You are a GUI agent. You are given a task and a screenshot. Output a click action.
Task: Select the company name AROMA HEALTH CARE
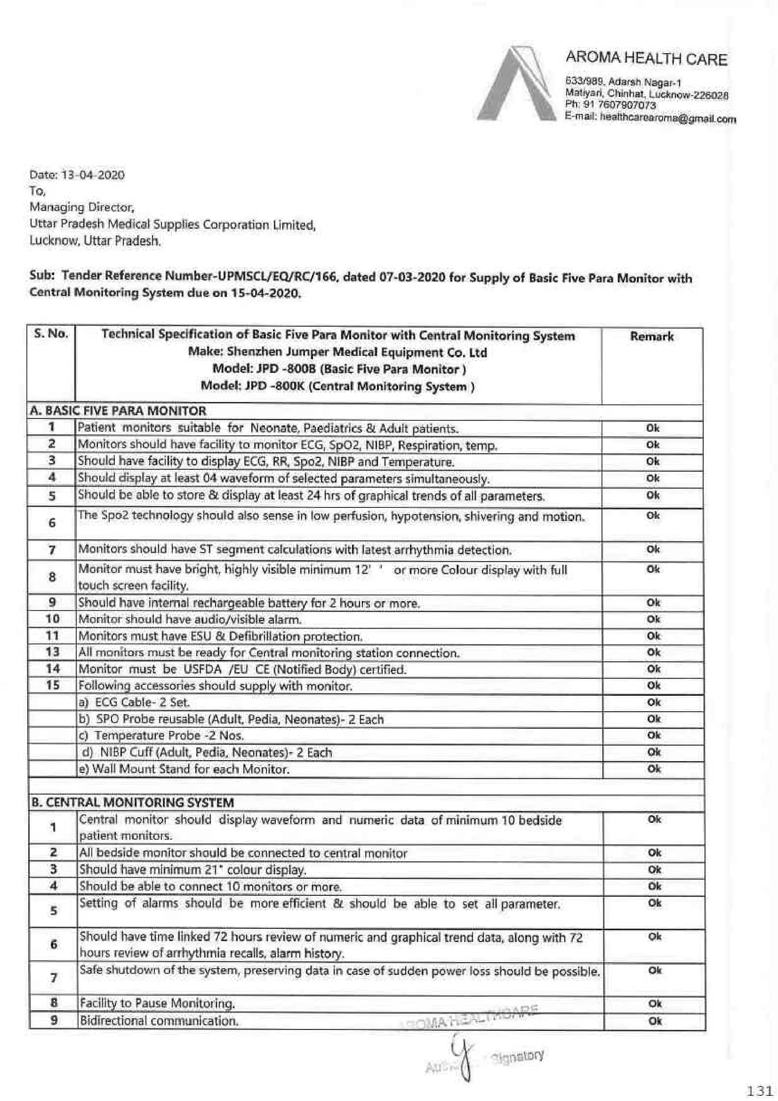pyautogui.click(x=646, y=59)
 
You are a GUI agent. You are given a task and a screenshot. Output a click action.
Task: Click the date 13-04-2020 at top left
pyautogui.click(x=93, y=175)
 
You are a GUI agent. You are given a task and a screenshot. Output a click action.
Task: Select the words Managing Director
pyautogui.click(x=81, y=207)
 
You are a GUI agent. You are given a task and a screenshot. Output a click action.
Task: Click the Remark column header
pyautogui.click(x=651, y=337)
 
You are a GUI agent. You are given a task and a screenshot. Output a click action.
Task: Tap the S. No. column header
pyautogui.click(x=51, y=334)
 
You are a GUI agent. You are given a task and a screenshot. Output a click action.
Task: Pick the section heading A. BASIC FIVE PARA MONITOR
pyautogui.click(x=118, y=411)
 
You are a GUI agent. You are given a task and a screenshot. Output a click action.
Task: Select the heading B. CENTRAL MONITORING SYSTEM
pyautogui.click(x=132, y=802)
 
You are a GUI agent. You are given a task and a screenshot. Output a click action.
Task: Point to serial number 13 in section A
pyautogui.click(x=52, y=652)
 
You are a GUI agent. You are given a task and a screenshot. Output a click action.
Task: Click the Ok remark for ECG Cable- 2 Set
pyautogui.click(x=653, y=702)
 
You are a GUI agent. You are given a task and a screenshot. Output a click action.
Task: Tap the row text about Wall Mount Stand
pyautogui.click(x=184, y=769)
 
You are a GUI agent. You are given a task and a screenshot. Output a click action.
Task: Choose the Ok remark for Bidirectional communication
pyautogui.click(x=655, y=1021)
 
